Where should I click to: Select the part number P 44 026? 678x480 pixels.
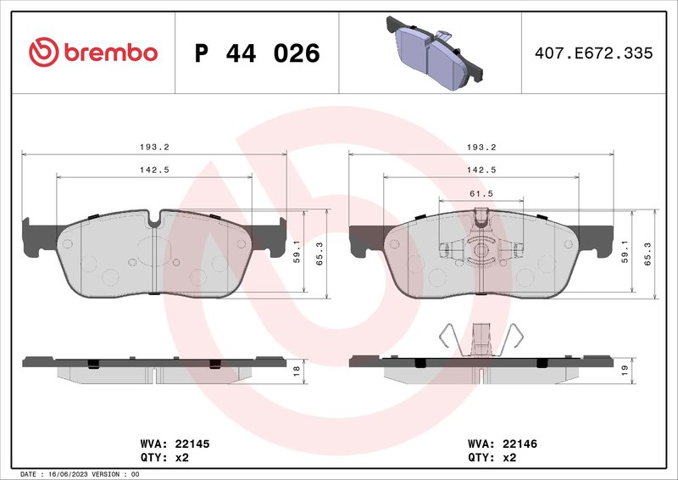click(x=257, y=53)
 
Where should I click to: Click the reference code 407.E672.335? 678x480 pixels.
click(x=594, y=53)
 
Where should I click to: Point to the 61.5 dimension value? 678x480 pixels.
click(x=481, y=193)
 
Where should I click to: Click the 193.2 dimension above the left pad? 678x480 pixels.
click(x=153, y=147)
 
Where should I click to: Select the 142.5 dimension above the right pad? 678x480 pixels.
click(x=481, y=170)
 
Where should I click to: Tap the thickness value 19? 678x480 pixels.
click(x=624, y=370)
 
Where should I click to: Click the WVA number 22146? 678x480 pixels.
click(x=520, y=444)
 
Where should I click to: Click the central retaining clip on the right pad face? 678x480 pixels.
click(x=481, y=250)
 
